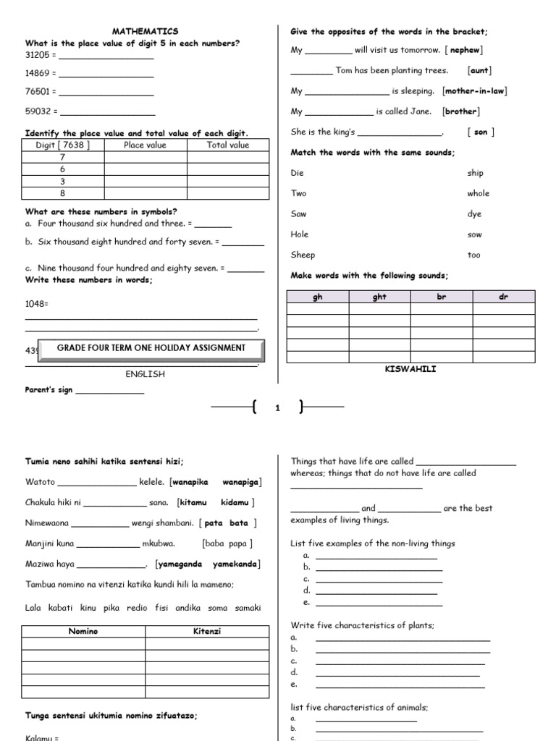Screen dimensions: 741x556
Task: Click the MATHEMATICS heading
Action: (145, 32)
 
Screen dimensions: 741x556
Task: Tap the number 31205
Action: (38, 55)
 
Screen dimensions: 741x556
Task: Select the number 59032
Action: (38, 112)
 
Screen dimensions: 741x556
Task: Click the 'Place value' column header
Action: (145, 145)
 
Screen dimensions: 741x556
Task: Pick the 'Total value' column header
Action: (227, 145)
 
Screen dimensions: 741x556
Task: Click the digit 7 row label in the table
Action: (62, 157)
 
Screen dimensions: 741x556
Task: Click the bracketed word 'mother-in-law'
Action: (475, 91)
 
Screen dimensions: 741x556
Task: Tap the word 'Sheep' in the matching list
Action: (303, 255)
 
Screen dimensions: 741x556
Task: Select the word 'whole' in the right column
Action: (478, 193)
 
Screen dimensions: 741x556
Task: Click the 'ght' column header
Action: (379, 297)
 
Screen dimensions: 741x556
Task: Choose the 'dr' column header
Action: (504, 297)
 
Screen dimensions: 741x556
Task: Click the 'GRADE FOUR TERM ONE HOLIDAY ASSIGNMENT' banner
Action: (151, 348)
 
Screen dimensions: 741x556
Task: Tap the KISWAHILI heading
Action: (410, 369)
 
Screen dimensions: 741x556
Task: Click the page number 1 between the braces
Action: (277, 408)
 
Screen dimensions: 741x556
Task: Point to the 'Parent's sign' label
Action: (49, 391)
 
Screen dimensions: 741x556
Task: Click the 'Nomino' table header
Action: (83, 632)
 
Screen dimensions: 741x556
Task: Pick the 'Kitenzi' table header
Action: (207, 632)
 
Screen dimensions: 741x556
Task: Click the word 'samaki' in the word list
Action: (246, 608)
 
